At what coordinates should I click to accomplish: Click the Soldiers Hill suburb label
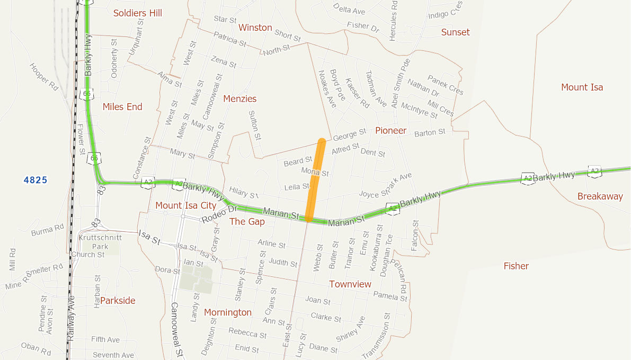[x=138, y=13]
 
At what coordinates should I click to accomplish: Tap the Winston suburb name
[x=255, y=28]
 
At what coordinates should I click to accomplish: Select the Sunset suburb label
[x=455, y=32]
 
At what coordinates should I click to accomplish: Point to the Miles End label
[x=122, y=107]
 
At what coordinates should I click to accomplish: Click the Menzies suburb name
[x=239, y=99]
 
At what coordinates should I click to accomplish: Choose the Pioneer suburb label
[x=390, y=131]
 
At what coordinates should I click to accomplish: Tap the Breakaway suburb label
[x=600, y=196]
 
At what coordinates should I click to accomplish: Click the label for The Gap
[x=247, y=221]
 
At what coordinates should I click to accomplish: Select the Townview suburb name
[x=350, y=284]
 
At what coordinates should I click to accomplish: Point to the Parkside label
[x=118, y=301]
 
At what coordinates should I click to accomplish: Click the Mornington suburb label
[x=228, y=312]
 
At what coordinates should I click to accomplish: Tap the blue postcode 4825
[x=35, y=181]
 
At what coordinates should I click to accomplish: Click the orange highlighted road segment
[x=315, y=180]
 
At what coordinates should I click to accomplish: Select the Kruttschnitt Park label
[x=100, y=242]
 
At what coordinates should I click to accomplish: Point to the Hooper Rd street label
[x=43, y=76]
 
